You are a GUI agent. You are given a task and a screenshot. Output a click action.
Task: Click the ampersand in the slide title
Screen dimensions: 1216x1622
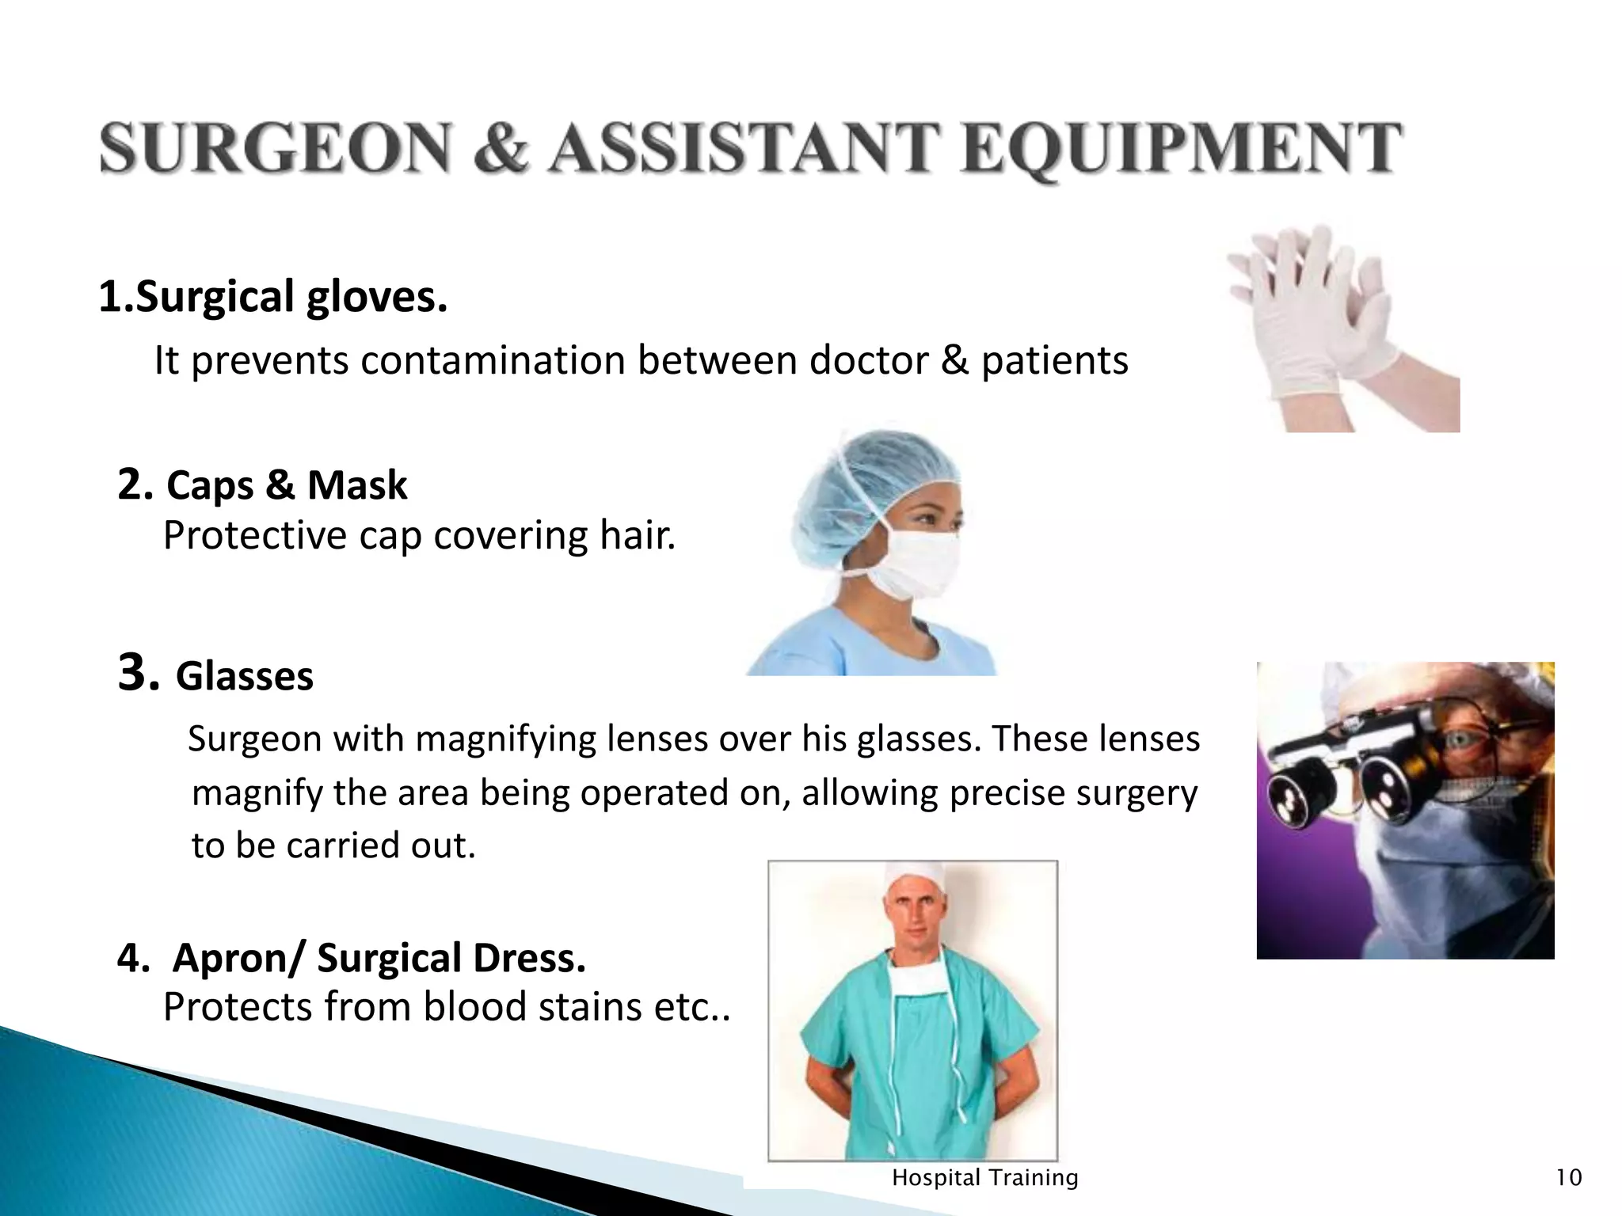pyautogui.click(x=501, y=149)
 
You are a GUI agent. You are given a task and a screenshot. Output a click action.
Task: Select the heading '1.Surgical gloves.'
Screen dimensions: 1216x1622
pyautogui.click(x=273, y=297)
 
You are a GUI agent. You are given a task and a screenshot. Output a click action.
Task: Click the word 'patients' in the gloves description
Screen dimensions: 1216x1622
pyautogui.click(x=1054, y=361)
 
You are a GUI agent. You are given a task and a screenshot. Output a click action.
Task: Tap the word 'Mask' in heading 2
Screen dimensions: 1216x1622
pyautogui.click(x=357, y=485)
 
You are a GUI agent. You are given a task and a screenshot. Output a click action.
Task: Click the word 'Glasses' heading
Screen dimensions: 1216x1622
pyautogui.click(x=245, y=677)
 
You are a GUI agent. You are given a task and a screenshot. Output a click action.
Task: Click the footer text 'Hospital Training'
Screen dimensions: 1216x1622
pyautogui.click(x=985, y=1178)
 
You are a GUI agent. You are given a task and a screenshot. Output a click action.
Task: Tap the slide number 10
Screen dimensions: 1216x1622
pyautogui.click(x=1569, y=1178)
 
